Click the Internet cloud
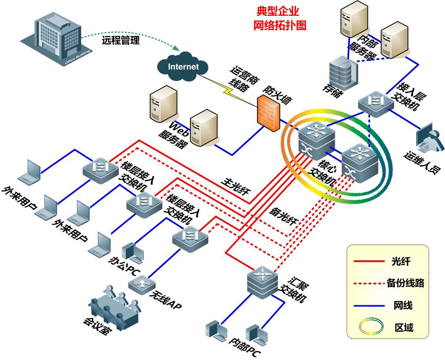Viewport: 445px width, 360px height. click(x=183, y=66)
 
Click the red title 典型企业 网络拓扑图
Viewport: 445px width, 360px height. click(x=279, y=18)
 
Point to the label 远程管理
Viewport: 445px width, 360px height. click(x=121, y=40)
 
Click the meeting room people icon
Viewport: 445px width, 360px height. click(x=114, y=306)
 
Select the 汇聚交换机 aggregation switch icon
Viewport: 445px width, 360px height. click(x=263, y=279)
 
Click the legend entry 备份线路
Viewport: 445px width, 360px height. click(x=405, y=283)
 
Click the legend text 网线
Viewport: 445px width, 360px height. click(x=403, y=305)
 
